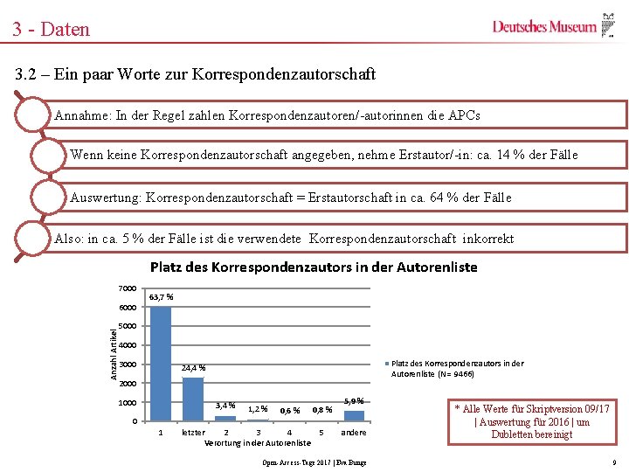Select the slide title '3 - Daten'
pos(51,29)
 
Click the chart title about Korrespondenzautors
pos(314,267)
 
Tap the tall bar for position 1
pos(161,363)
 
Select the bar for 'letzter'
pos(193,399)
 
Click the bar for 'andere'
pos(353,415)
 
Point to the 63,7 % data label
pos(161,297)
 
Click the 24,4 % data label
pos(193,367)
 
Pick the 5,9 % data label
pos(353,400)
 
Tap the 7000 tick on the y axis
pos(127,288)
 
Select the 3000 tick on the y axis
pos(127,364)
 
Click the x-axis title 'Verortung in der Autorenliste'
pos(257,443)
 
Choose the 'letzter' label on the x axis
pos(193,432)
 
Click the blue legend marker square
pos(386,364)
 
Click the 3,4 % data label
pos(225,405)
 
